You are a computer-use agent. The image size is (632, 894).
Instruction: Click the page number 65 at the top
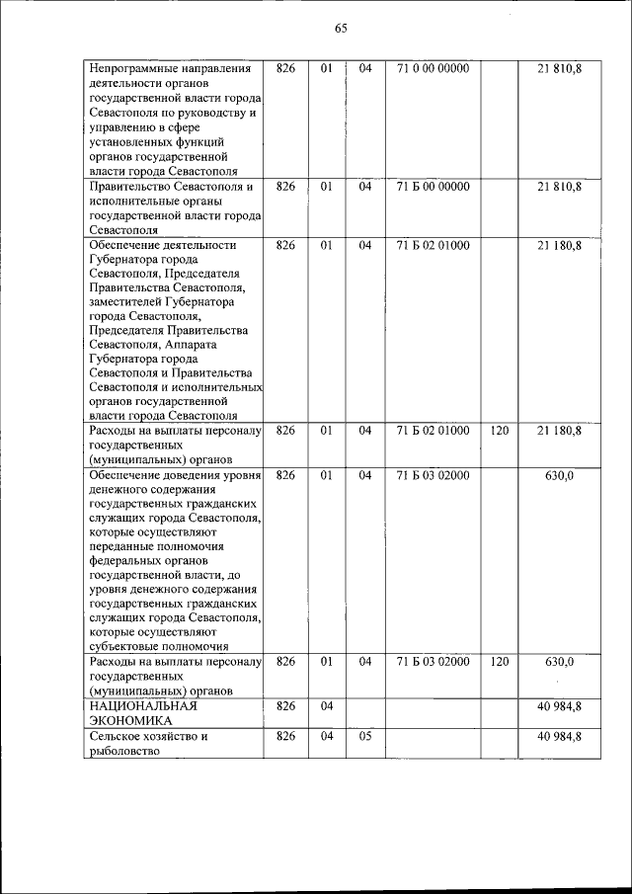340,28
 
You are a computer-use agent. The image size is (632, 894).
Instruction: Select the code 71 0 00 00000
433,68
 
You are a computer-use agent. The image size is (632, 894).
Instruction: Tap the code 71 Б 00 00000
433,186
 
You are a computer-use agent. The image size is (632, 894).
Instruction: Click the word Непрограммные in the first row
131,68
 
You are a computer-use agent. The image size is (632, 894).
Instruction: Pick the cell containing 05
364,736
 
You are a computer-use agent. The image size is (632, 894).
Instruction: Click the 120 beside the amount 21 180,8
499,430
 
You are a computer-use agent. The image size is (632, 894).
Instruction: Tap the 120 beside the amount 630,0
499,661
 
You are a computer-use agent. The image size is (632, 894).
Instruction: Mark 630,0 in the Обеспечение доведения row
560,475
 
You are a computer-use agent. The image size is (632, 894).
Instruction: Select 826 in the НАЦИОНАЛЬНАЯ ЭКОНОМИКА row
285,705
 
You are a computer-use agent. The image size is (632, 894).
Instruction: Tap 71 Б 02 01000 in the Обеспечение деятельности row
433,244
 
